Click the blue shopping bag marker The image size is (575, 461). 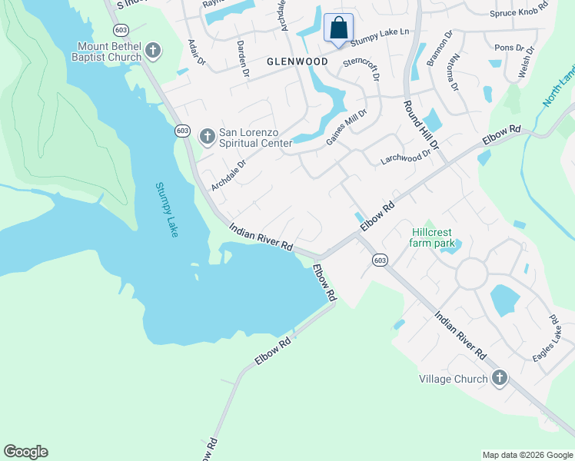coord(338,29)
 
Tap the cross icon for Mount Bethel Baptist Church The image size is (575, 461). coord(153,51)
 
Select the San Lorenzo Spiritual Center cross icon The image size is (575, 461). coord(207,137)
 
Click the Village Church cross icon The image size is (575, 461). coord(500,378)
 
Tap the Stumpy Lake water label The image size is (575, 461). coord(167,209)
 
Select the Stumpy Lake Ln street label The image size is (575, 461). coord(381,32)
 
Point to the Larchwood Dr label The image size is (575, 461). coord(406,158)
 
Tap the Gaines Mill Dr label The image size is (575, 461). coord(347,126)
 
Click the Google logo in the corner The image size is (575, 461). coord(25,452)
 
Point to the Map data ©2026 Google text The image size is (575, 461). coord(527,455)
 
